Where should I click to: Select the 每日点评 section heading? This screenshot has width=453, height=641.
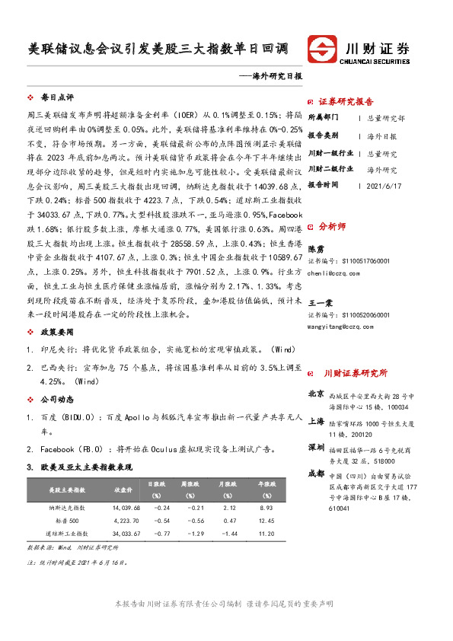coord(56,98)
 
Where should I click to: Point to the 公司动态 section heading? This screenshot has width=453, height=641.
coord(56,398)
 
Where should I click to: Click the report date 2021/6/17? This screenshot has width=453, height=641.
coord(388,185)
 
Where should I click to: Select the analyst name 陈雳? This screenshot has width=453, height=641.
coord(314,249)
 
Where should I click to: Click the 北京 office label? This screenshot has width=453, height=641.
coord(316,394)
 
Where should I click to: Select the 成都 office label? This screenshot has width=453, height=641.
coord(316,474)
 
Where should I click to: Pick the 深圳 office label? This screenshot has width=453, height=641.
coord(316,447)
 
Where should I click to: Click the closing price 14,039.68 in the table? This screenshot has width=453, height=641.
coord(126,507)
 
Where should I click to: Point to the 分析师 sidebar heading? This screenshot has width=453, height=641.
coord(332,226)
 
